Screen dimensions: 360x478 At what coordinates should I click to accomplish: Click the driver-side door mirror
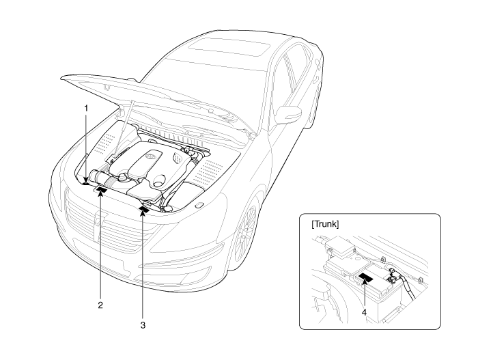pos(296,113)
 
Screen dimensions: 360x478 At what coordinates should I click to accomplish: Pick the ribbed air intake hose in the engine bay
pos(104,179)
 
